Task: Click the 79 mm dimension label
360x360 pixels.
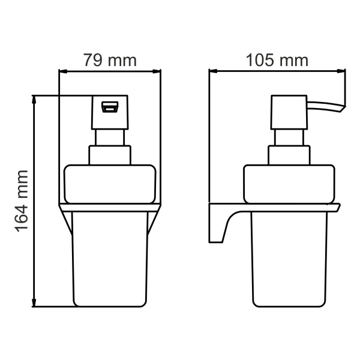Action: pos(110,60)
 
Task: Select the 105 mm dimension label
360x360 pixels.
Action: pos(277,60)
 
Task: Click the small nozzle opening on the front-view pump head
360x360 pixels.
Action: pos(109,107)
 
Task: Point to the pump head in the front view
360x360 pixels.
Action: pos(109,112)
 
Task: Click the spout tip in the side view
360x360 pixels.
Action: pos(343,107)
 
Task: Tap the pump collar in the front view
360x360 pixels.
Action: pos(109,155)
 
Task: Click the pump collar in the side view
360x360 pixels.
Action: pos(289,155)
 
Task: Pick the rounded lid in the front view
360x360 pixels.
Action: pos(109,184)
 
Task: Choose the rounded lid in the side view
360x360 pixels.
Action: pos(289,184)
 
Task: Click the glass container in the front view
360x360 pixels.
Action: pos(109,258)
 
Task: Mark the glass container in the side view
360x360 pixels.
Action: pos(289,258)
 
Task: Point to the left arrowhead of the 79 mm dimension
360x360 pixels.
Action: pos(61,71)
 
